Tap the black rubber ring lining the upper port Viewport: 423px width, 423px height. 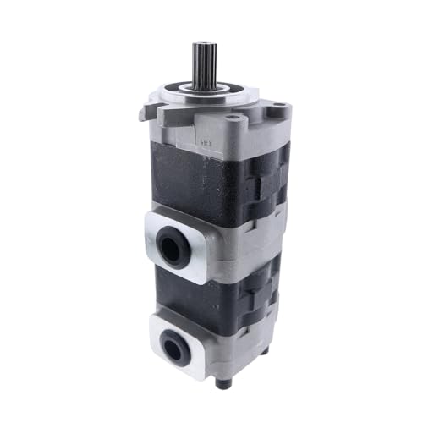coord(169,243)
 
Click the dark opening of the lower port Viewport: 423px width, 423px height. coord(175,344)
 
